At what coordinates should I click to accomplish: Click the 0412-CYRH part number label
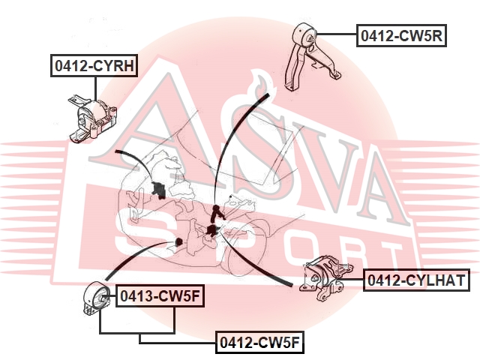(94, 65)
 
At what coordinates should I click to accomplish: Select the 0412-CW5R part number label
(401, 35)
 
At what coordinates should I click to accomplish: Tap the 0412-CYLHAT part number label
(416, 280)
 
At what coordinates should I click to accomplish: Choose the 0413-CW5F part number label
(160, 295)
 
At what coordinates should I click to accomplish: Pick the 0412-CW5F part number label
(259, 342)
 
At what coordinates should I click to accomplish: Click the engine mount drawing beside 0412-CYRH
(92, 120)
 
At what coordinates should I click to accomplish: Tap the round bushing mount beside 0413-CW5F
(96, 298)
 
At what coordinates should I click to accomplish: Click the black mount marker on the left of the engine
(158, 190)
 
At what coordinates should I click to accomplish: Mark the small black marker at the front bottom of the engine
(178, 241)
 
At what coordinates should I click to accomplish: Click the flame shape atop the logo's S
(262, 84)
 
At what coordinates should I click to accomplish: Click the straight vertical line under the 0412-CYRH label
(95, 88)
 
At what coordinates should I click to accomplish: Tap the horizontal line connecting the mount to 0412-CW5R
(337, 34)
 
